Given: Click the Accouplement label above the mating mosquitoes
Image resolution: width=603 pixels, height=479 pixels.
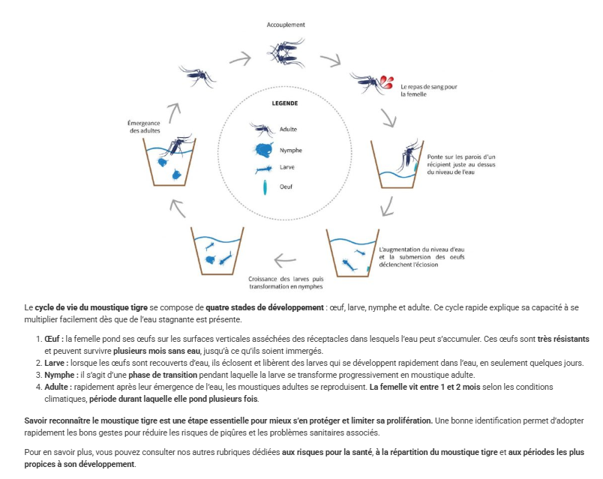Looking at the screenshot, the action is click(286, 25).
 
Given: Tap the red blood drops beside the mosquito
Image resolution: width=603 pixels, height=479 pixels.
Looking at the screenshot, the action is click(387, 82).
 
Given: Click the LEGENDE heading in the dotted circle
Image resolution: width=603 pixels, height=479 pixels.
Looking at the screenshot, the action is click(285, 103).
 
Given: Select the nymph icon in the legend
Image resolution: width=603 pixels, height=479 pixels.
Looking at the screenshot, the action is click(264, 149).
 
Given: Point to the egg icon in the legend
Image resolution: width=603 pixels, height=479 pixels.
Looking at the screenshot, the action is click(265, 187).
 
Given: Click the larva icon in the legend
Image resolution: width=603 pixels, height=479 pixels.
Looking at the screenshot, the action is click(264, 169).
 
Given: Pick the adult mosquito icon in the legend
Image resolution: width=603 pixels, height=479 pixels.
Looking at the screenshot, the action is click(262, 129).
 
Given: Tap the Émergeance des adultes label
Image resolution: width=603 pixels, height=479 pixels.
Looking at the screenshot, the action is click(144, 127).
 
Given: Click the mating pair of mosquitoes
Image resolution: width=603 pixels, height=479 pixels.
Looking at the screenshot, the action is click(285, 52).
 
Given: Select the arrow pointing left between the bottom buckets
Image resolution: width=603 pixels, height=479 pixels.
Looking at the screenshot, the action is click(285, 260).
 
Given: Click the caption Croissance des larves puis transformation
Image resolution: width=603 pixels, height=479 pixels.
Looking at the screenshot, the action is click(286, 283).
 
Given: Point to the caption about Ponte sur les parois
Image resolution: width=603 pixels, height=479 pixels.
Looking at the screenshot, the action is click(461, 164).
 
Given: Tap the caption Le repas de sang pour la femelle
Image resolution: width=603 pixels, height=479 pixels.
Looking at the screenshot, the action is click(429, 91).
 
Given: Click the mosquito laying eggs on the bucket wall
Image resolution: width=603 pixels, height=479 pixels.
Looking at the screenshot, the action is click(409, 155).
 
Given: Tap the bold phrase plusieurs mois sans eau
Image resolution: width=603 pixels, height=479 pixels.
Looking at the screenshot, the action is click(157, 351).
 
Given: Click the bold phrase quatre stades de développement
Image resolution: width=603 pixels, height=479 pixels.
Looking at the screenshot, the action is click(265, 307).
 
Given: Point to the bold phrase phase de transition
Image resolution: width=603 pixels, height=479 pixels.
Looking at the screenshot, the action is click(163, 375).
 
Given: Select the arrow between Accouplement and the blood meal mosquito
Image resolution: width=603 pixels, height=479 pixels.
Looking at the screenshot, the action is click(331, 60).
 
